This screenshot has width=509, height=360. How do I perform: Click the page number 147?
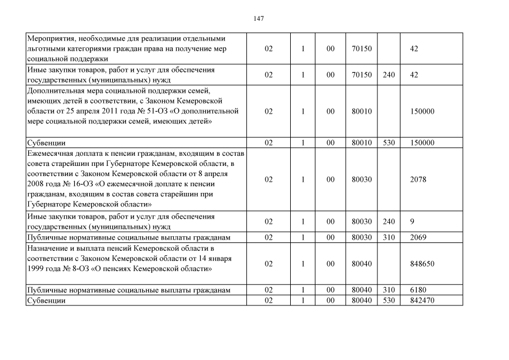tap(259, 19)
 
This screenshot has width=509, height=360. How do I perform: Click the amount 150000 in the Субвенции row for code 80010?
tap(422, 143)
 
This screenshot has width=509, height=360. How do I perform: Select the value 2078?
tap(418, 179)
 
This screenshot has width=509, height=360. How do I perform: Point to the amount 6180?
tap(418, 290)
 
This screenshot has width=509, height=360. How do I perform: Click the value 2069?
tap(418, 237)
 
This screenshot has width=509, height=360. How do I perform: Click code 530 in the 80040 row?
tap(389, 301)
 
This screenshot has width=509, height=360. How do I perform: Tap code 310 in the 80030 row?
tap(389, 237)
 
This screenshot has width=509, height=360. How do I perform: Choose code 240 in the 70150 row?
tap(389, 75)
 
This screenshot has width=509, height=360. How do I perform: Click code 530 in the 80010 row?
tap(389, 143)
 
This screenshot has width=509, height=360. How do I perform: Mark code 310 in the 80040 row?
tap(389, 290)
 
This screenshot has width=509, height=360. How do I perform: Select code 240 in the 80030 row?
tap(389, 222)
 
